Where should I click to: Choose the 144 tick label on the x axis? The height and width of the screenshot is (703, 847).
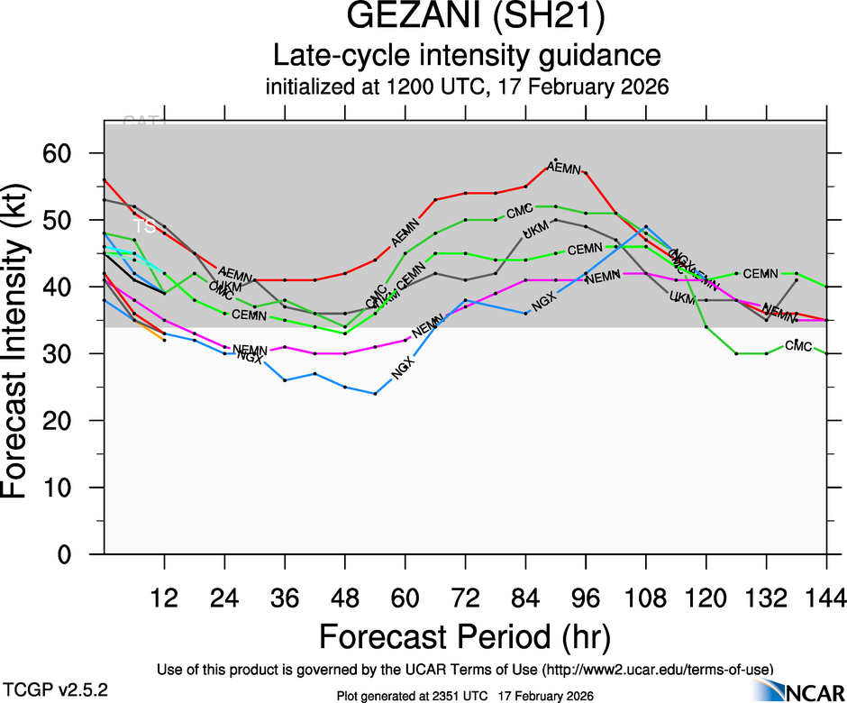826,598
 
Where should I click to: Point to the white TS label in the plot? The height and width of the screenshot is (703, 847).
144,225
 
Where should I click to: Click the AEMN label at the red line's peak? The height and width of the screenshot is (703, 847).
565,169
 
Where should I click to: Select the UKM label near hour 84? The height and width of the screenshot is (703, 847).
535,233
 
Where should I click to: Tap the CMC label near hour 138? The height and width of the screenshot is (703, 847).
798,346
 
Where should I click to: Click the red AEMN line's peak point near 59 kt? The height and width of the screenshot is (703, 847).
556,160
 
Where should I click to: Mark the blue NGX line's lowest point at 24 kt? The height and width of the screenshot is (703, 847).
375,394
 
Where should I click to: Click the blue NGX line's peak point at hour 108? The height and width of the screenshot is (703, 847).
646,227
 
